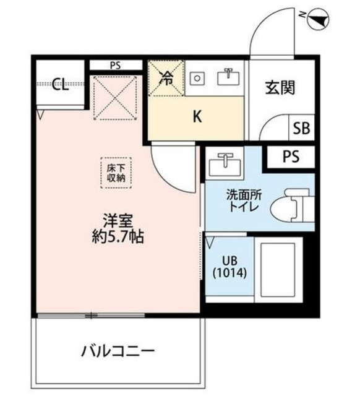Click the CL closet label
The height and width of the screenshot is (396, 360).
(59, 85)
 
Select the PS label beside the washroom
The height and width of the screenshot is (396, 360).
(290, 157)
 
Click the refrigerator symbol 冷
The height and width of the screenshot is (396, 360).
(166, 79)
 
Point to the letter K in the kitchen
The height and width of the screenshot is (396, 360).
(197, 116)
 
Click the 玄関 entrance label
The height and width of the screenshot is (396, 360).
(280, 88)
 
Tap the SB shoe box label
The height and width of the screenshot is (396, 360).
(301, 129)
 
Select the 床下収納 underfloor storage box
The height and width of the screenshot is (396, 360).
(115, 171)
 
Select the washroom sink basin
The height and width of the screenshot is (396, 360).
(223, 165)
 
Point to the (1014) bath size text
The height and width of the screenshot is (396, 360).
(229, 272)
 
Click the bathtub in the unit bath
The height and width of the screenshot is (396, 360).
(279, 269)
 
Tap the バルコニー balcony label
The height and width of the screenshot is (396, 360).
(118, 353)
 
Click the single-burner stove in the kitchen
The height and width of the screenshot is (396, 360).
(197, 78)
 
